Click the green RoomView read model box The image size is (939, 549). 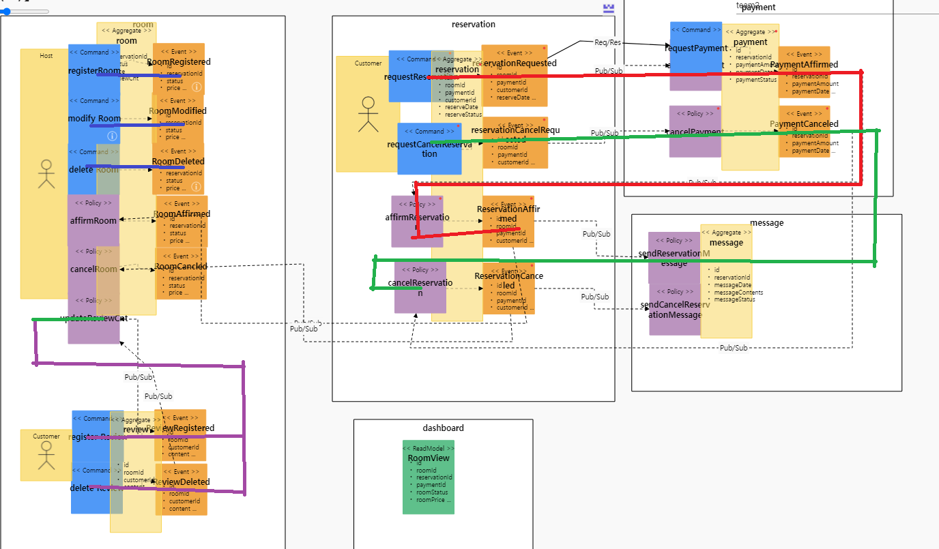click(x=428, y=477)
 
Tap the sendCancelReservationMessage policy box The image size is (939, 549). click(x=674, y=310)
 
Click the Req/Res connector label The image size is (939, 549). click(x=607, y=42)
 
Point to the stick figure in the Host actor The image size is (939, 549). click(x=46, y=174)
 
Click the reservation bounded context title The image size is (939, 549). click(x=473, y=25)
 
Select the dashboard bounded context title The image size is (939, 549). click(x=443, y=428)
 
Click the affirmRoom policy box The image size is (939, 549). click(x=93, y=220)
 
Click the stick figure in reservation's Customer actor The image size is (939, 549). click(x=369, y=115)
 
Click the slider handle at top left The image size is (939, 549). click(x=6, y=11)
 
